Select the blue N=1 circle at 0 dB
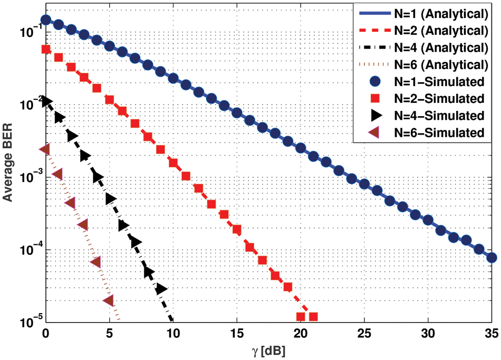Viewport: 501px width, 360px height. (46, 20)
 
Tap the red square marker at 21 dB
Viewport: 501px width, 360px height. (313, 317)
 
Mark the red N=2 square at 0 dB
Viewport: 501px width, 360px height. (46, 49)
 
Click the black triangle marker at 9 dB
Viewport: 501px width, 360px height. (161, 289)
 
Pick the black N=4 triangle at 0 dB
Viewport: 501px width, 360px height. (46, 101)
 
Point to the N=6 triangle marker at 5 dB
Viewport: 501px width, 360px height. (109, 300)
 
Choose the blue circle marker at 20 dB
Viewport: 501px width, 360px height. (301, 148)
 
